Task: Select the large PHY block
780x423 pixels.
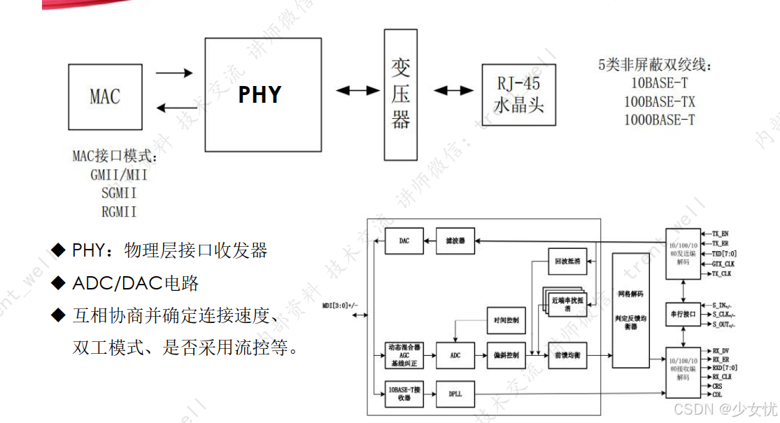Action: tap(260, 94)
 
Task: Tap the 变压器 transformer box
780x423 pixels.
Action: tap(401, 94)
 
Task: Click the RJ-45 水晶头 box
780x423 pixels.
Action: tap(518, 94)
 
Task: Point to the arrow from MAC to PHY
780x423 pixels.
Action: tap(173, 73)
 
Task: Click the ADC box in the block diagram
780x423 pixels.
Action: tap(455, 355)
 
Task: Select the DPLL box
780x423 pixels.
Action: tap(455, 394)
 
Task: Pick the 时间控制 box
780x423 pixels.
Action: tap(505, 320)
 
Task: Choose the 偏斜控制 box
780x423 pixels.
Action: tap(505, 355)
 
